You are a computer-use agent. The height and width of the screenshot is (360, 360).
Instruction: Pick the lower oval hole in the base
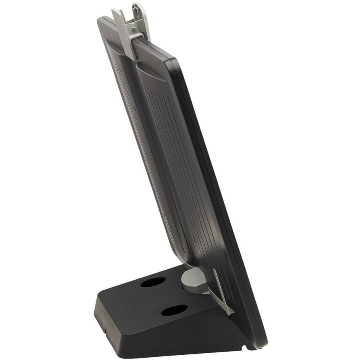pos(175,310)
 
